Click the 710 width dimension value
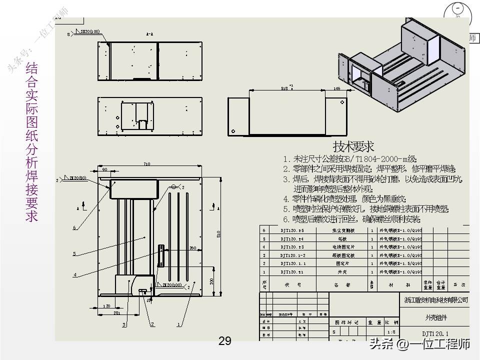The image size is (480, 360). click(146, 164)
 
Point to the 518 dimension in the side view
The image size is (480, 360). click(284, 88)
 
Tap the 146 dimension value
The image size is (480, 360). click(336, 88)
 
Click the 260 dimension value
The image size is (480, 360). click(192, 248)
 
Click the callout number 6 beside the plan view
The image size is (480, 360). click(74, 227)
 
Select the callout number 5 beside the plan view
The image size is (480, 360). click(74, 254)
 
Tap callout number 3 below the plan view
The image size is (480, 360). click(123, 324)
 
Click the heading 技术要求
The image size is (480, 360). click(353, 146)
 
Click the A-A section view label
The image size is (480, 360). click(149, 34)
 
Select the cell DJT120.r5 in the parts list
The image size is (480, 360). click(291, 231)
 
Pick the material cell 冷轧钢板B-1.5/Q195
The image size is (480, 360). click(401, 263)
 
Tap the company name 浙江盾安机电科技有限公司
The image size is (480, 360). click(436, 300)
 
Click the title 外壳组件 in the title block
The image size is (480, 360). click(436, 317)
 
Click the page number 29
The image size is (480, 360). click(225, 341)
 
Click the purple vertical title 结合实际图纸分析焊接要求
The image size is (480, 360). click(31, 142)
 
